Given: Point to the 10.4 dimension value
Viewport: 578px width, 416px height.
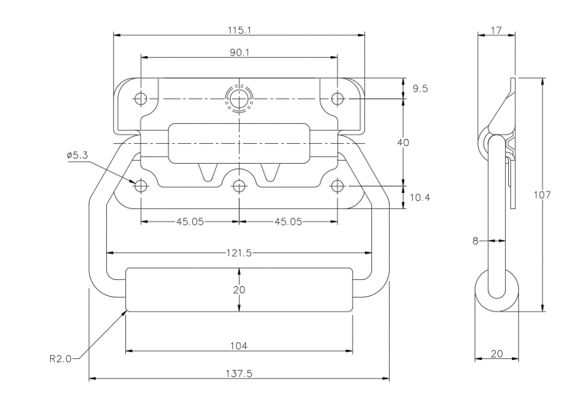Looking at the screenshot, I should (420, 198).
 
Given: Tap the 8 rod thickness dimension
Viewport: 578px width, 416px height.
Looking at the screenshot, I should (475, 241).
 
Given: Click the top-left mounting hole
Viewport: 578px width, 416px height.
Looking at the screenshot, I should (141, 98).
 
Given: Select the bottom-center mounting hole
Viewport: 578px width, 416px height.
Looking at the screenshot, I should (239, 186).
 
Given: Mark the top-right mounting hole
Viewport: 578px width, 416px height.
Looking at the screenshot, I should (337, 98).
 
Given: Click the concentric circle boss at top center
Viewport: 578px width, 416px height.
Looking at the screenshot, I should (239, 98).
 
